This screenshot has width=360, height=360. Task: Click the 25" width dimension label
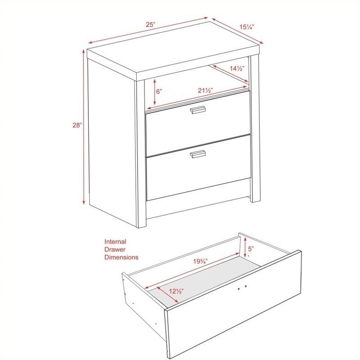[151, 24]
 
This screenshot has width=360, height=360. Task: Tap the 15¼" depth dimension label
[247, 27]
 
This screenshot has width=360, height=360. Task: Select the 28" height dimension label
[77, 125]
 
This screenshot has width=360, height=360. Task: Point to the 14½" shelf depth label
[237, 69]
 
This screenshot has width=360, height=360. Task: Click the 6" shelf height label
[159, 92]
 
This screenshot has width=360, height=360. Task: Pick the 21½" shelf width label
[205, 91]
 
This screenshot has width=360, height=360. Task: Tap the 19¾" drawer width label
[200, 261]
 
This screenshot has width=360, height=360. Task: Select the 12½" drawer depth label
[176, 291]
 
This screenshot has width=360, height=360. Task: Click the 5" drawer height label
[251, 249]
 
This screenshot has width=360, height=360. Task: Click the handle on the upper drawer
[198, 110]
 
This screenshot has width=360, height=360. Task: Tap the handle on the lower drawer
[198, 154]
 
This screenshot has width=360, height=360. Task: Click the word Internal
[115, 241]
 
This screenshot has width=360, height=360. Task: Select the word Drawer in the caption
[115, 249]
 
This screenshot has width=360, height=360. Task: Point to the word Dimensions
[121, 257]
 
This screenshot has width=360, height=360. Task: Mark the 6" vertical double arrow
[155, 92]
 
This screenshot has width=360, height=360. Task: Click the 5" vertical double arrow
[245, 247]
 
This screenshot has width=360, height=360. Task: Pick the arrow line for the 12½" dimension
[168, 295]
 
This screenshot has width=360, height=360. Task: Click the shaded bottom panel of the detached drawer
[204, 281]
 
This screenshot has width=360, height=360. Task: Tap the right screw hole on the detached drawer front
[246, 286]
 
